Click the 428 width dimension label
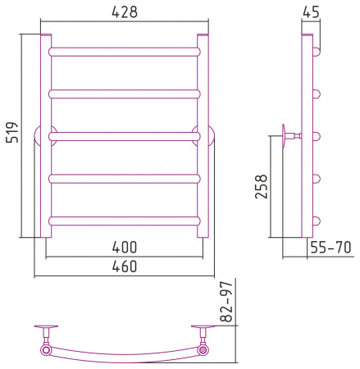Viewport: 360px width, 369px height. [125, 12]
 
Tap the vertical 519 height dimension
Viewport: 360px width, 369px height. [12, 133]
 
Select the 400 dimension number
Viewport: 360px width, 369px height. [125, 247]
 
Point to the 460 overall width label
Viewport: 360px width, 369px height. [125, 266]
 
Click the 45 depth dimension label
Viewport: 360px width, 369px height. [311, 12]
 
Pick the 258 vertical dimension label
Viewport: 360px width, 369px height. [261, 186]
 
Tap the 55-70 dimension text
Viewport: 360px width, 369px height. [330, 248]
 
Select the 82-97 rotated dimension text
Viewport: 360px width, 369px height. [226, 302]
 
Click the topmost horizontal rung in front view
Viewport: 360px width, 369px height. [125, 52]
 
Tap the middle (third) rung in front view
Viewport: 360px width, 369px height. [125, 136]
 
